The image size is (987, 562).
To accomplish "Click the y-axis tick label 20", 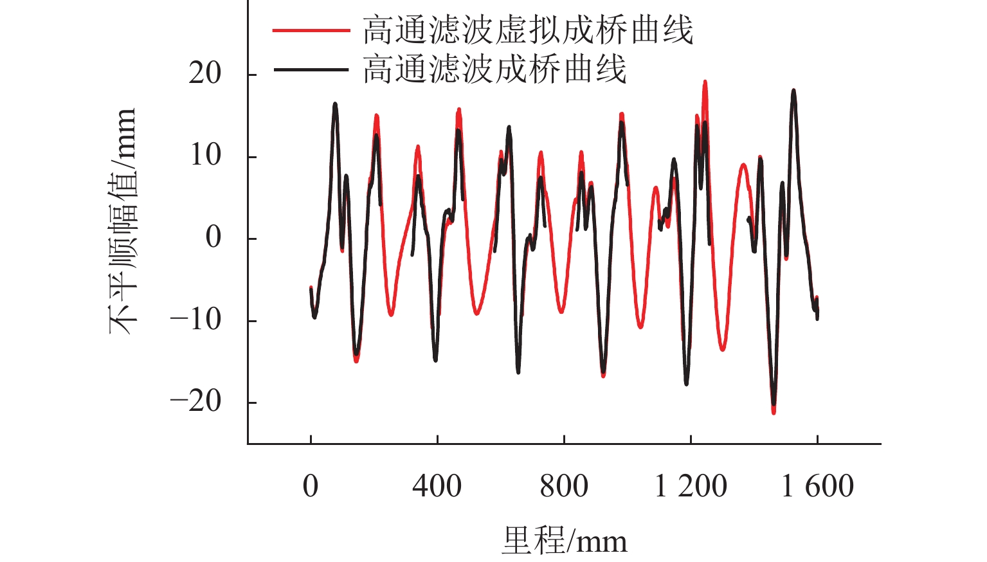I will [205, 74].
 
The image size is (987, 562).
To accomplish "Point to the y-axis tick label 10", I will [205, 156].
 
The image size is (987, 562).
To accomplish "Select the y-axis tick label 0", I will [213, 238].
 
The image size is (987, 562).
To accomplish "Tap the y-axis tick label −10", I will [195, 320].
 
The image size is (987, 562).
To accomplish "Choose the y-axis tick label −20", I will [195, 402].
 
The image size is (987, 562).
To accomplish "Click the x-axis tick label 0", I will [311, 486].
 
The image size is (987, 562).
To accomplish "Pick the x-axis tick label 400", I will [437, 486].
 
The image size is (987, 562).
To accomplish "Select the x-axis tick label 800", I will [564, 486].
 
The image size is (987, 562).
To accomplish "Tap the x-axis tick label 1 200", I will [691, 486].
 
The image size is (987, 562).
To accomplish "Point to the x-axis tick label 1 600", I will [817, 486].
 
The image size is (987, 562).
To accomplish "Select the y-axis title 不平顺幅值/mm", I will [122, 222].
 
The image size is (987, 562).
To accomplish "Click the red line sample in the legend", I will [311, 30].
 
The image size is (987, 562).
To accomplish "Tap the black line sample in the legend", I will [311, 69].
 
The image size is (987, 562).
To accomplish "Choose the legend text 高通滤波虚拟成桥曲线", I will [528, 30].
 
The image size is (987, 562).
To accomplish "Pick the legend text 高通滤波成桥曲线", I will [494, 69].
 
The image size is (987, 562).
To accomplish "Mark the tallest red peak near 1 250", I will [705, 82].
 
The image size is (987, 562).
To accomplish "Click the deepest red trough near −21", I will [774, 412].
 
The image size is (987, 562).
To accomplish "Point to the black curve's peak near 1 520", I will [793, 91].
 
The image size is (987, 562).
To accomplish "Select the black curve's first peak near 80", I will [335, 104].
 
